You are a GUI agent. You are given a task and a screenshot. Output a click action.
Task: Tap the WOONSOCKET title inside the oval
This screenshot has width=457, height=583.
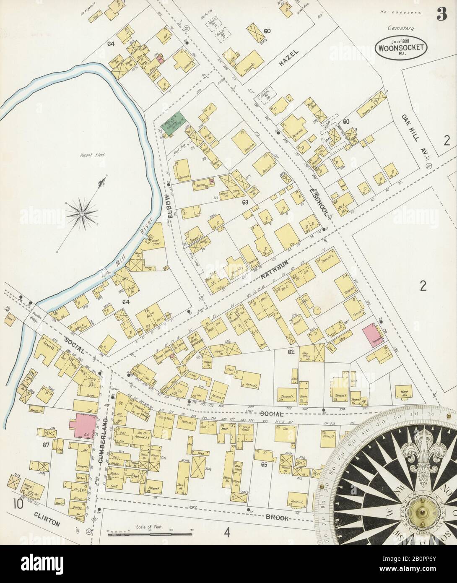coord(402,47)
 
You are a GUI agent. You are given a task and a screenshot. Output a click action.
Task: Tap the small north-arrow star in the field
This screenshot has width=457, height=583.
coord(82,213)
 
